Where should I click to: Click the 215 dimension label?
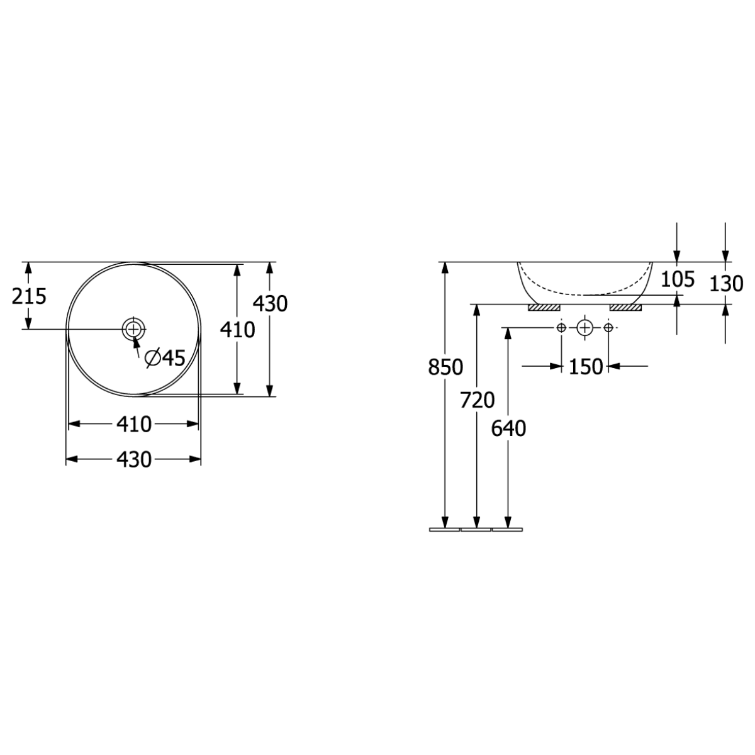[29, 296]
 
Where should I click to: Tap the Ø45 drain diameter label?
[165, 358]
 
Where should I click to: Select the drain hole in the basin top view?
[133, 329]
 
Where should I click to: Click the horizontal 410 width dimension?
[133, 424]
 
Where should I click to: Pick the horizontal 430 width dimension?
[133, 459]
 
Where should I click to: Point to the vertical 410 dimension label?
[237, 330]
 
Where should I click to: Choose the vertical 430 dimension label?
[270, 304]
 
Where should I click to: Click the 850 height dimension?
[445, 367]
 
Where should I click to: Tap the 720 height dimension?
[477, 400]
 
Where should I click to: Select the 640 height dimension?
[508, 428]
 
